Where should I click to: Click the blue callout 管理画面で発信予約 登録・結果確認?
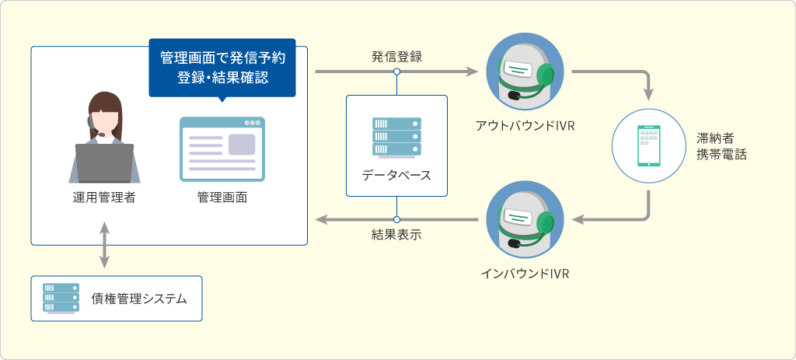pos(222,68)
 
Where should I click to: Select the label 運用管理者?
pos(104,197)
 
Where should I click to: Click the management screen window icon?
pos(222,149)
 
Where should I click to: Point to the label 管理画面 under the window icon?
pos(222,197)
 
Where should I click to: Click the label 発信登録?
pos(396,57)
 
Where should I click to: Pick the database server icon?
pos(396,137)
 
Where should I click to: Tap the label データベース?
pos(396,176)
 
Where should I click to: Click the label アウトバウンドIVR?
pos(525,126)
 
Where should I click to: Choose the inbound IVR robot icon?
pos(525,219)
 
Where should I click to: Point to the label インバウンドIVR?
pos(525,274)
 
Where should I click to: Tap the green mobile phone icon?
pos(649,145)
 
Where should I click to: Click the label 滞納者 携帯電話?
pos(721,146)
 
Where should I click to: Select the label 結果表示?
pos(396,236)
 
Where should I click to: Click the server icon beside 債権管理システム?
pos(61,298)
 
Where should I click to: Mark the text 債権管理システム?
pos(139,299)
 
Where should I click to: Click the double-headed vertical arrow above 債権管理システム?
pos(104,245)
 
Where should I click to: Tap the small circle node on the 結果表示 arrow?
pos(396,219)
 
